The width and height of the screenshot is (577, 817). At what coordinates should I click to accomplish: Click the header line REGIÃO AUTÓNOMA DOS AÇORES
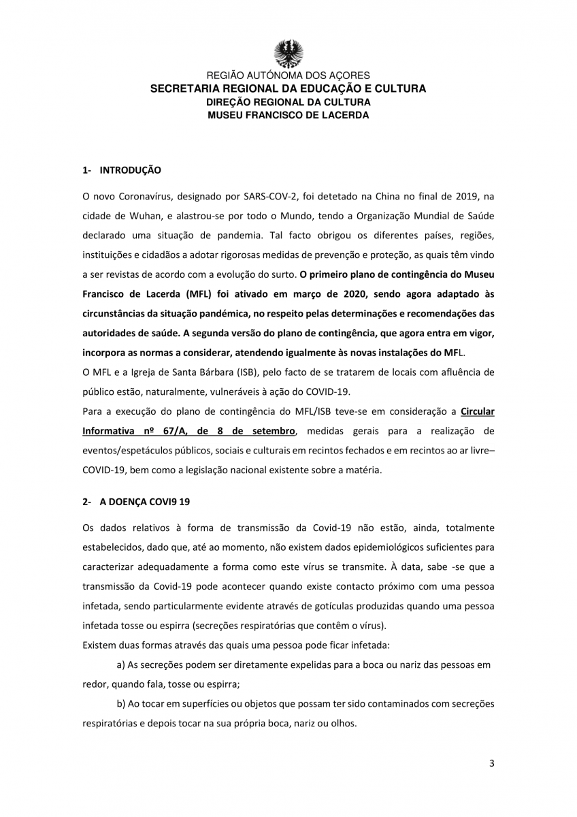click(288, 76)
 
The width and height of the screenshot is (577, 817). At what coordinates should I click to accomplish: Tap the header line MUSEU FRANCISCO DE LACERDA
click(288, 115)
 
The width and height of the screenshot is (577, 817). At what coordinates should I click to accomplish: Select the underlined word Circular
click(478, 411)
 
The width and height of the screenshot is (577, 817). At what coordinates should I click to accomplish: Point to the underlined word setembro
click(271, 431)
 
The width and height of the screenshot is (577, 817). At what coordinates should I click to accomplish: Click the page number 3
click(491, 763)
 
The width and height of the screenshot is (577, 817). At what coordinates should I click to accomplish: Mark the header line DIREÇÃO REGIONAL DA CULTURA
click(288, 102)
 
